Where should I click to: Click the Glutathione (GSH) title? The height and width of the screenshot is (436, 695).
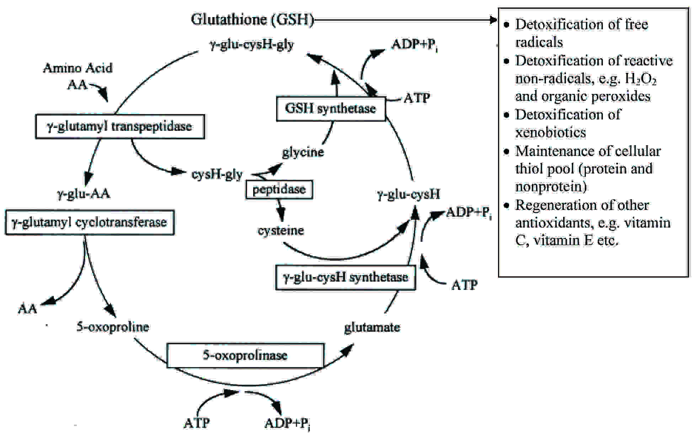(252, 20)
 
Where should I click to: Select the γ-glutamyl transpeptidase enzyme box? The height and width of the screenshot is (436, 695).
(120, 127)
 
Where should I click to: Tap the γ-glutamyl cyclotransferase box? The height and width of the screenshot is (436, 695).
(90, 223)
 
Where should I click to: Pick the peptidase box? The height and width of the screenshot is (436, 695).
(279, 190)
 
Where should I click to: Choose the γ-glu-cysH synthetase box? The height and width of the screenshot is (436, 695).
(346, 277)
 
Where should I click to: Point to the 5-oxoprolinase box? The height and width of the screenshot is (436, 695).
(245, 355)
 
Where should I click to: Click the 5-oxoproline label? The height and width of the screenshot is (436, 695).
(113, 327)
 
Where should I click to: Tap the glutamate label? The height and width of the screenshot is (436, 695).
(372, 327)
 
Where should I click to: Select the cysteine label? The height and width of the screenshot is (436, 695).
(281, 230)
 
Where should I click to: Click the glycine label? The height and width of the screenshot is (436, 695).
(303, 152)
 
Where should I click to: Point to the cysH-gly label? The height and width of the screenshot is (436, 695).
(217, 174)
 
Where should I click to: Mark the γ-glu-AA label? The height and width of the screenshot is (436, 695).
(84, 194)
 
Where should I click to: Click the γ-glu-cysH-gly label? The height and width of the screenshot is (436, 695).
(252, 45)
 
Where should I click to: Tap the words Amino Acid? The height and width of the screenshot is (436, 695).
(77, 68)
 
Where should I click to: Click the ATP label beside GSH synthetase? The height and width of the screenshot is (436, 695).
(417, 98)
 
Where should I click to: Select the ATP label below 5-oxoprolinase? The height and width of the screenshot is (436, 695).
(197, 423)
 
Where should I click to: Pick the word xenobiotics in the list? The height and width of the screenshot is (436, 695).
(550, 133)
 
